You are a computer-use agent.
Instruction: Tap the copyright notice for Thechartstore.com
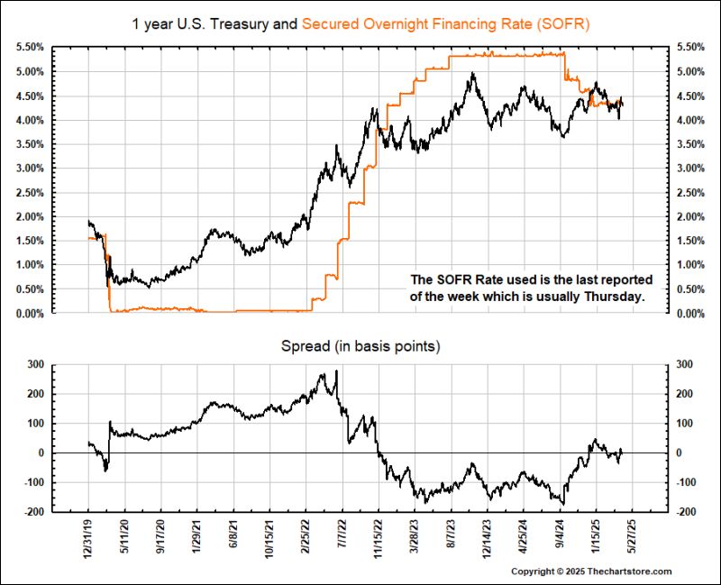591,572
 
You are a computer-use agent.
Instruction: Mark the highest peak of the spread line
336,370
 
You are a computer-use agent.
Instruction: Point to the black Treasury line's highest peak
472,75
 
